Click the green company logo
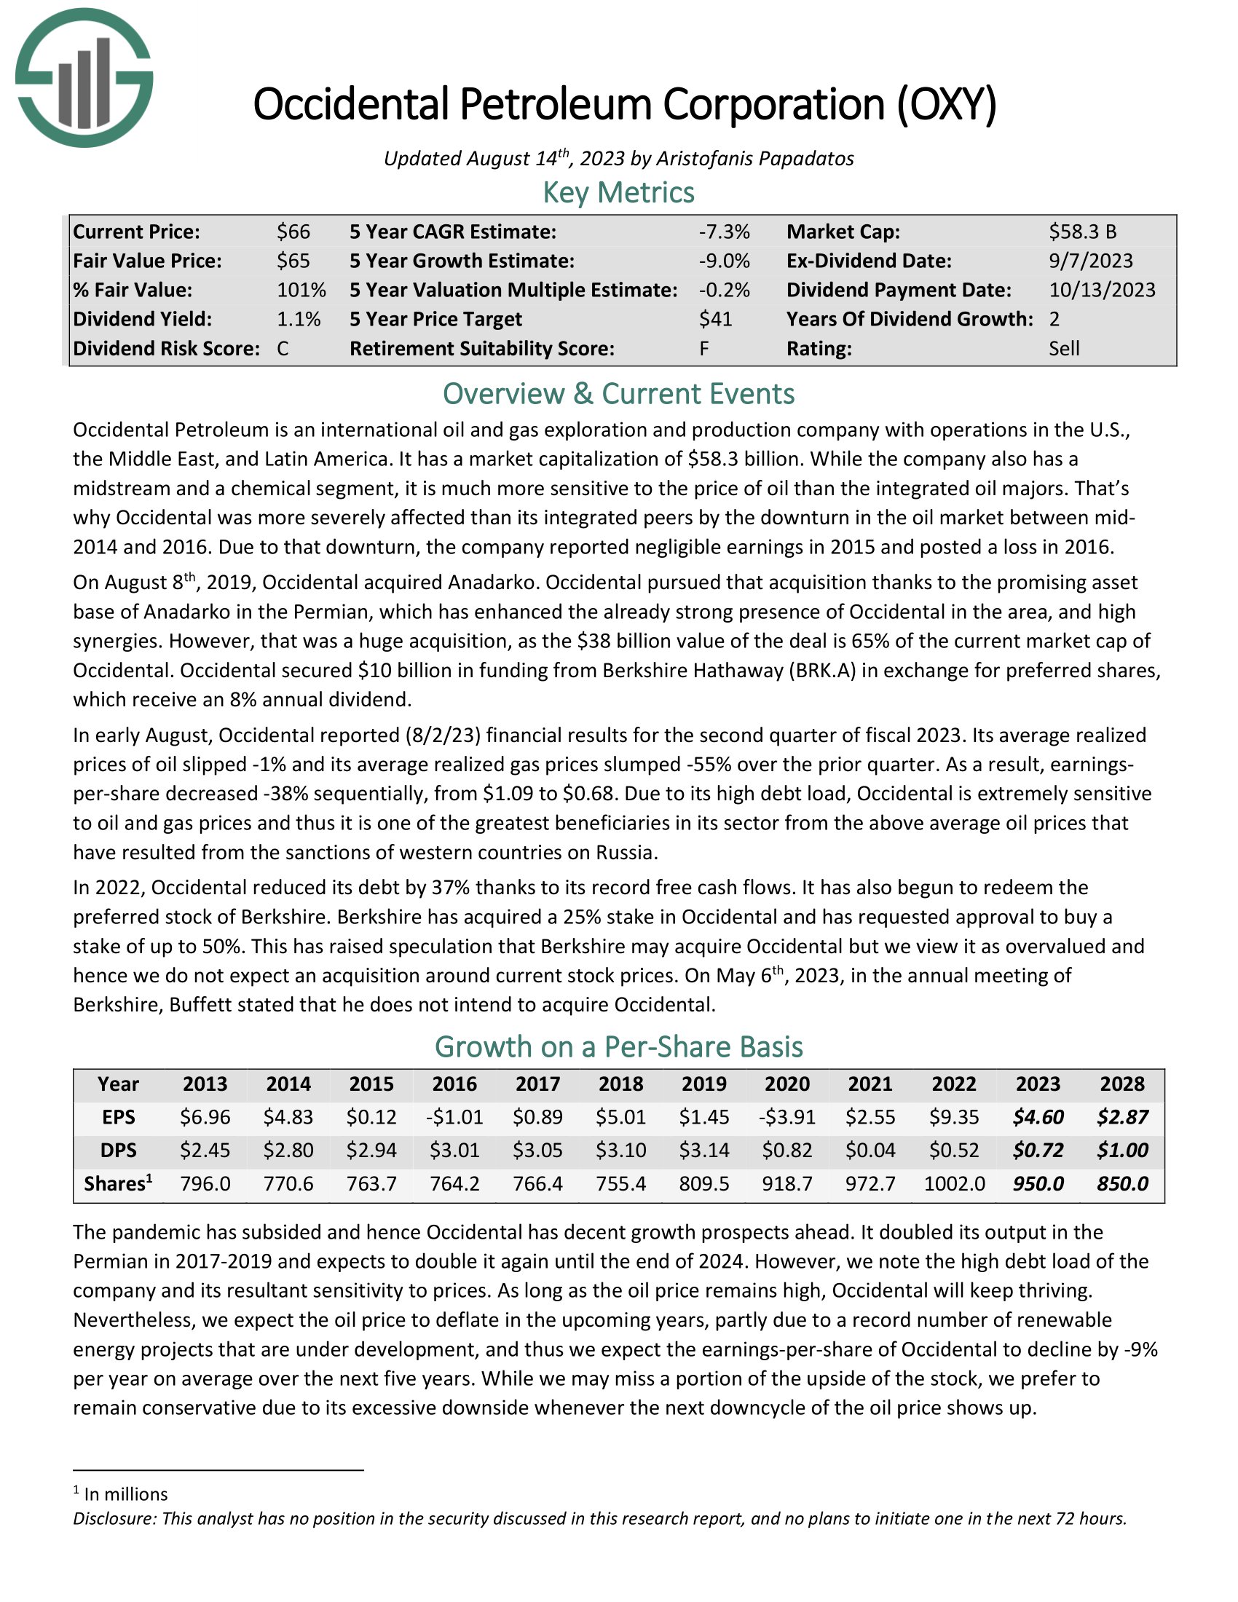[84, 78]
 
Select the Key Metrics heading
[618, 193]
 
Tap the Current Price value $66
[293, 232]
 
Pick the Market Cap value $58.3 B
[1082, 232]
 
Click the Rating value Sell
[1064, 348]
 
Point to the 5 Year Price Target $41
[715, 319]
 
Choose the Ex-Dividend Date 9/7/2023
[1091, 261]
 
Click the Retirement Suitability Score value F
[704, 348]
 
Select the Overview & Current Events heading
[618, 394]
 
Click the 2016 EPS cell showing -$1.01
[454, 1117]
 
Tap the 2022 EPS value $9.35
[953, 1117]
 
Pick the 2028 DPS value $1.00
[1122, 1150]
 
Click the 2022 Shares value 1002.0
[953, 1183]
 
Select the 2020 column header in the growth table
[787, 1084]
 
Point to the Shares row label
[118, 1183]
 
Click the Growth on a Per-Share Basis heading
[618, 1046]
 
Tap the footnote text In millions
[125, 1494]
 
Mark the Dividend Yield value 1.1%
[299, 319]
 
